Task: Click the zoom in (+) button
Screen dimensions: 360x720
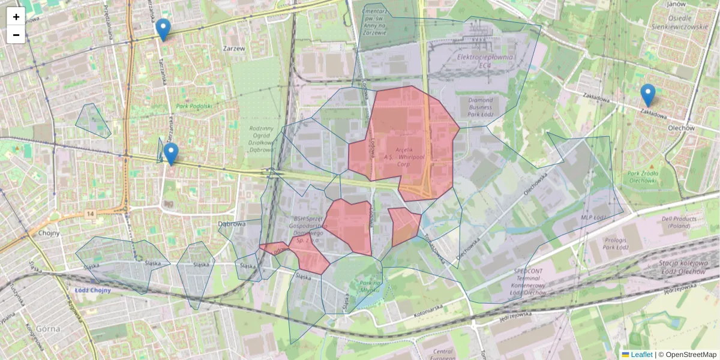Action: (x=16, y=17)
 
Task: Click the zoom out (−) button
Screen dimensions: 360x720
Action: (x=16, y=35)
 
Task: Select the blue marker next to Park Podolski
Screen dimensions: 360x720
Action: (x=171, y=154)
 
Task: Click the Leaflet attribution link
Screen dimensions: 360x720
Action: (x=641, y=355)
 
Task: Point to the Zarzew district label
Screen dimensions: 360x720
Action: (x=233, y=49)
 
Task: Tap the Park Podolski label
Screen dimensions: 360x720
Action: (x=194, y=106)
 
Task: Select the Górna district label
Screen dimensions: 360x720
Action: (x=46, y=329)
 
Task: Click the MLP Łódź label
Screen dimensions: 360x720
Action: (x=594, y=217)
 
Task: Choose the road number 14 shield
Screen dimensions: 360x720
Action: (x=91, y=214)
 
